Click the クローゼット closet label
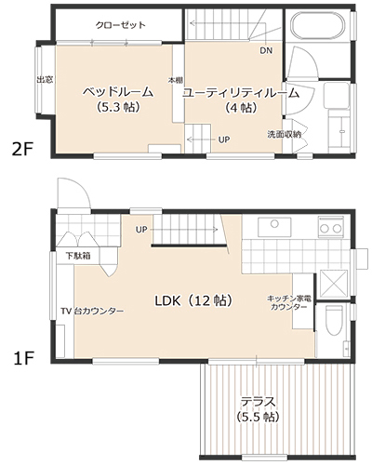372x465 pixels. [x=121, y=25]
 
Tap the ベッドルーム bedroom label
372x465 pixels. [x=118, y=92]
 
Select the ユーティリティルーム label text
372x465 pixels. [x=241, y=93]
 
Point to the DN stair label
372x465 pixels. [x=266, y=50]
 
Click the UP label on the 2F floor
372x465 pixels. [x=224, y=139]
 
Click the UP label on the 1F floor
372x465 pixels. [x=141, y=230]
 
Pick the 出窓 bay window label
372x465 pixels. [x=46, y=80]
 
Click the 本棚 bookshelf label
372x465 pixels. [x=176, y=80]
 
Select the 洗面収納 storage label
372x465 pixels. [x=285, y=135]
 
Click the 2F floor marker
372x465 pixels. [x=22, y=150]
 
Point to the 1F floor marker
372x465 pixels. [x=23, y=358]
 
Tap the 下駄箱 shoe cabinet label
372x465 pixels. [x=78, y=256]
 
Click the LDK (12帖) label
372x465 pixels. [x=193, y=300]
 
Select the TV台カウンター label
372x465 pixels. [x=92, y=311]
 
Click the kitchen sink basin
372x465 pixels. [x=274, y=227]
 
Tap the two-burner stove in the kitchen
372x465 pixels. [x=331, y=228]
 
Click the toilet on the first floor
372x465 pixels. [x=334, y=320]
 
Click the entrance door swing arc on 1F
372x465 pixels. [x=83, y=188]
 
